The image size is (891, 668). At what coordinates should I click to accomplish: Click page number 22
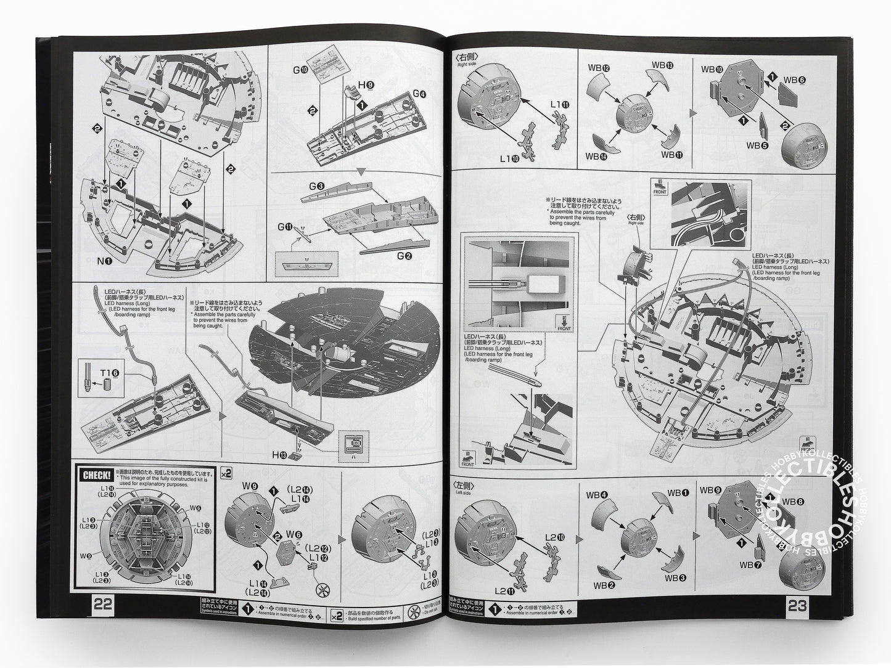(x=102, y=605)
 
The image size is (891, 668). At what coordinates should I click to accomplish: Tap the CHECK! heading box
(x=96, y=475)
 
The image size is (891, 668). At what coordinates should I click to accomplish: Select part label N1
(x=104, y=261)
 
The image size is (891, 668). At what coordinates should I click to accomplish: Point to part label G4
(x=420, y=94)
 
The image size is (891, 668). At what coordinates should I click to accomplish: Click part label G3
(x=317, y=186)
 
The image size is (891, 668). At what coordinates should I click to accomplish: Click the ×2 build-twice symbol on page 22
(x=226, y=473)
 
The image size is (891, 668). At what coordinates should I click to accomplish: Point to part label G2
(x=404, y=256)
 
